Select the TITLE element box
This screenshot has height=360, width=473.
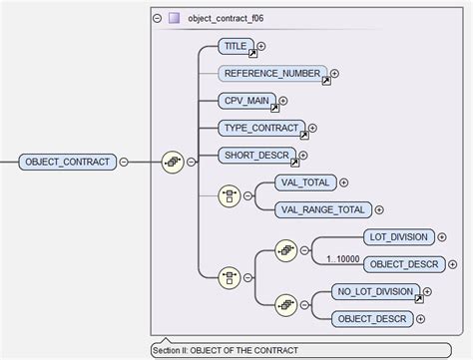tap(236, 46)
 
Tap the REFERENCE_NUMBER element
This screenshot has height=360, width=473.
tap(271, 73)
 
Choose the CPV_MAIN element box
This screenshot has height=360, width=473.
tap(245, 101)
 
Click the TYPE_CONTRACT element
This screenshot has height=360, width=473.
tap(260, 128)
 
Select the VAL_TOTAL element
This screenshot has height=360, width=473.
tap(305, 182)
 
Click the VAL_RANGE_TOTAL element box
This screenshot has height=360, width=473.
tap(322, 209)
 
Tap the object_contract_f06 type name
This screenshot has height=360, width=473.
tap(226, 18)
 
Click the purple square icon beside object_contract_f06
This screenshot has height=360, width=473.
tap(175, 18)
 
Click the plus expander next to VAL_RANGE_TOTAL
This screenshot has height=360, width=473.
tap(378, 209)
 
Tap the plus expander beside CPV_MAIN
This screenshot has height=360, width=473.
tap(283, 101)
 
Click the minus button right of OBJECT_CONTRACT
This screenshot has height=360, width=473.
tap(124, 160)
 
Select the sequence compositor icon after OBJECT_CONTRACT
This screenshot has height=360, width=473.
tap(172, 160)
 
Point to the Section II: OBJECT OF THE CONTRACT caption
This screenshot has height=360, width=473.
tap(225, 350)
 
